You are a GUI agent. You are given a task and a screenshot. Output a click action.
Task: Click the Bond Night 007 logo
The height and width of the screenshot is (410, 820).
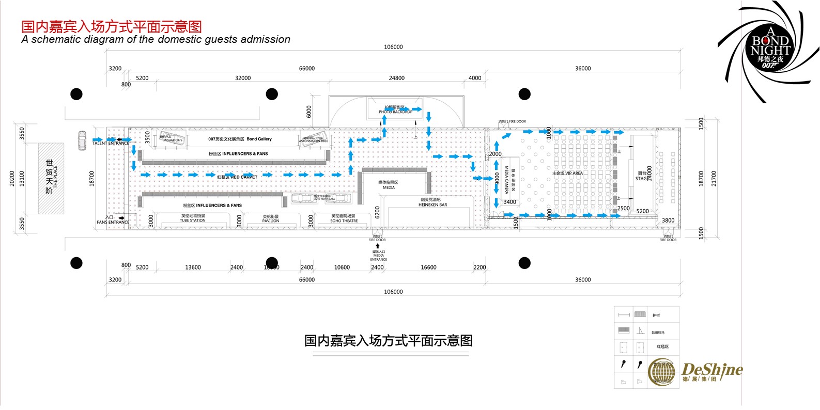pos(770,49)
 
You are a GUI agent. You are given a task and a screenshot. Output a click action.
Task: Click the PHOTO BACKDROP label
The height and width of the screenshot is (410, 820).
pos(395,112)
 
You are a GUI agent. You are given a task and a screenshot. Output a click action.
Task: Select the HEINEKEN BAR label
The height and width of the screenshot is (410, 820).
pos(432,205)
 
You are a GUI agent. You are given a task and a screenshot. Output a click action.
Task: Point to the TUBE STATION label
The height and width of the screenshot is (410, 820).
pos(193,220)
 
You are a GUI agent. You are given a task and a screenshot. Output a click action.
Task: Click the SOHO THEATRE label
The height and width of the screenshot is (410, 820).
pos(344,221)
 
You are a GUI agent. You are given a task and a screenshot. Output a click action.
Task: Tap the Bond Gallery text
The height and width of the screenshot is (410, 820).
pos(259,139)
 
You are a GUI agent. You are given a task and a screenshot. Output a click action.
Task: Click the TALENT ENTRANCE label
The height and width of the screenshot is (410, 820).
pos(111,144)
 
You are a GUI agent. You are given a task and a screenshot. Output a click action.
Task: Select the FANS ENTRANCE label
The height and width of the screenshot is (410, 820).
pos(113,223)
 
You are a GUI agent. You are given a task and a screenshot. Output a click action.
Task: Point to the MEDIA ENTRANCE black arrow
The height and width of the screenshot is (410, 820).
pos(378,246)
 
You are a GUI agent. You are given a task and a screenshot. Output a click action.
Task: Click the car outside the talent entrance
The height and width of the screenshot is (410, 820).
pos(82,140)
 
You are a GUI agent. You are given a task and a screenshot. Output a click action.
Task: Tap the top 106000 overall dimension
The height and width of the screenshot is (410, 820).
pos(393,47)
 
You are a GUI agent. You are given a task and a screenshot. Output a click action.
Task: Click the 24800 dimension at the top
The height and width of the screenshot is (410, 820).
pos(396,78)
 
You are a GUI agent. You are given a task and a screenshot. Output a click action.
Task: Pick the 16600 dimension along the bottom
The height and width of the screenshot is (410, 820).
pos(428,267)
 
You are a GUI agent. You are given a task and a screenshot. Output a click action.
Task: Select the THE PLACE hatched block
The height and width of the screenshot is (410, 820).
pos(51,178)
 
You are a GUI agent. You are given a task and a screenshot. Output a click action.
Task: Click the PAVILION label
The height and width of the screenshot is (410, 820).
pos(270,221)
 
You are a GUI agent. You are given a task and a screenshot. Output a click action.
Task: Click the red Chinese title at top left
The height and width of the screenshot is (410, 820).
pos(112,26)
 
